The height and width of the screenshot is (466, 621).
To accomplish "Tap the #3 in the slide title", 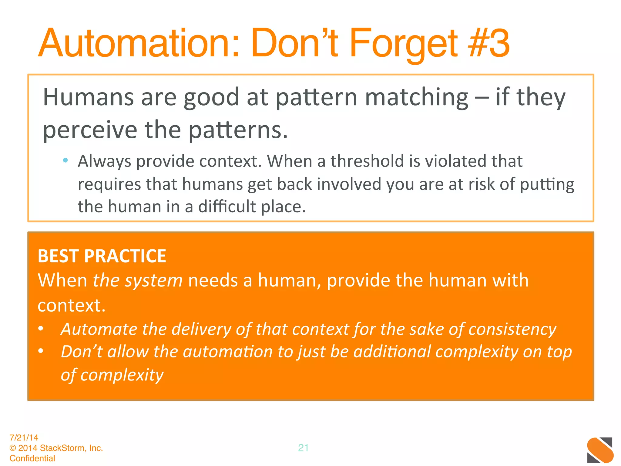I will [x=488, y=43].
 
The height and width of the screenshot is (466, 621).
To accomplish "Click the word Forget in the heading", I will [x=403, y=43].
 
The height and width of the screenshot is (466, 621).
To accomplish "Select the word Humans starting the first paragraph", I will [x=88, y=97].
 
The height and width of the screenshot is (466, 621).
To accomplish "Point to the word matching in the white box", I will [x=417, y=97].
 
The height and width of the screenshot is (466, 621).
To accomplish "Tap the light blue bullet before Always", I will [x=65, y=160].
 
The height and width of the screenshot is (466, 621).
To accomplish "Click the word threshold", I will [x=367, y=161].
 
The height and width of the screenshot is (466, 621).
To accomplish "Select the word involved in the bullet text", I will [x=349, y=184].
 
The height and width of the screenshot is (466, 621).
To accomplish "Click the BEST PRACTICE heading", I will [x=102, y=256].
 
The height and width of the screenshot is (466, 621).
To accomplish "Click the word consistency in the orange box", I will [x=512, y=329].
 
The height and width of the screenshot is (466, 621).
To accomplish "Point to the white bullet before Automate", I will [x=41, y=329].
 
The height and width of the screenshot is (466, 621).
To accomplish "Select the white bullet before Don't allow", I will [x=41, y=351].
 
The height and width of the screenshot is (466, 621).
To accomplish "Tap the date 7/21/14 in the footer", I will [x=24, y=437].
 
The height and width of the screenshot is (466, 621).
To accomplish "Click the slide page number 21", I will [x=303, y=447].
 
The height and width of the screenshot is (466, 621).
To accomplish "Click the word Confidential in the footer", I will [x=32, y=458].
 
